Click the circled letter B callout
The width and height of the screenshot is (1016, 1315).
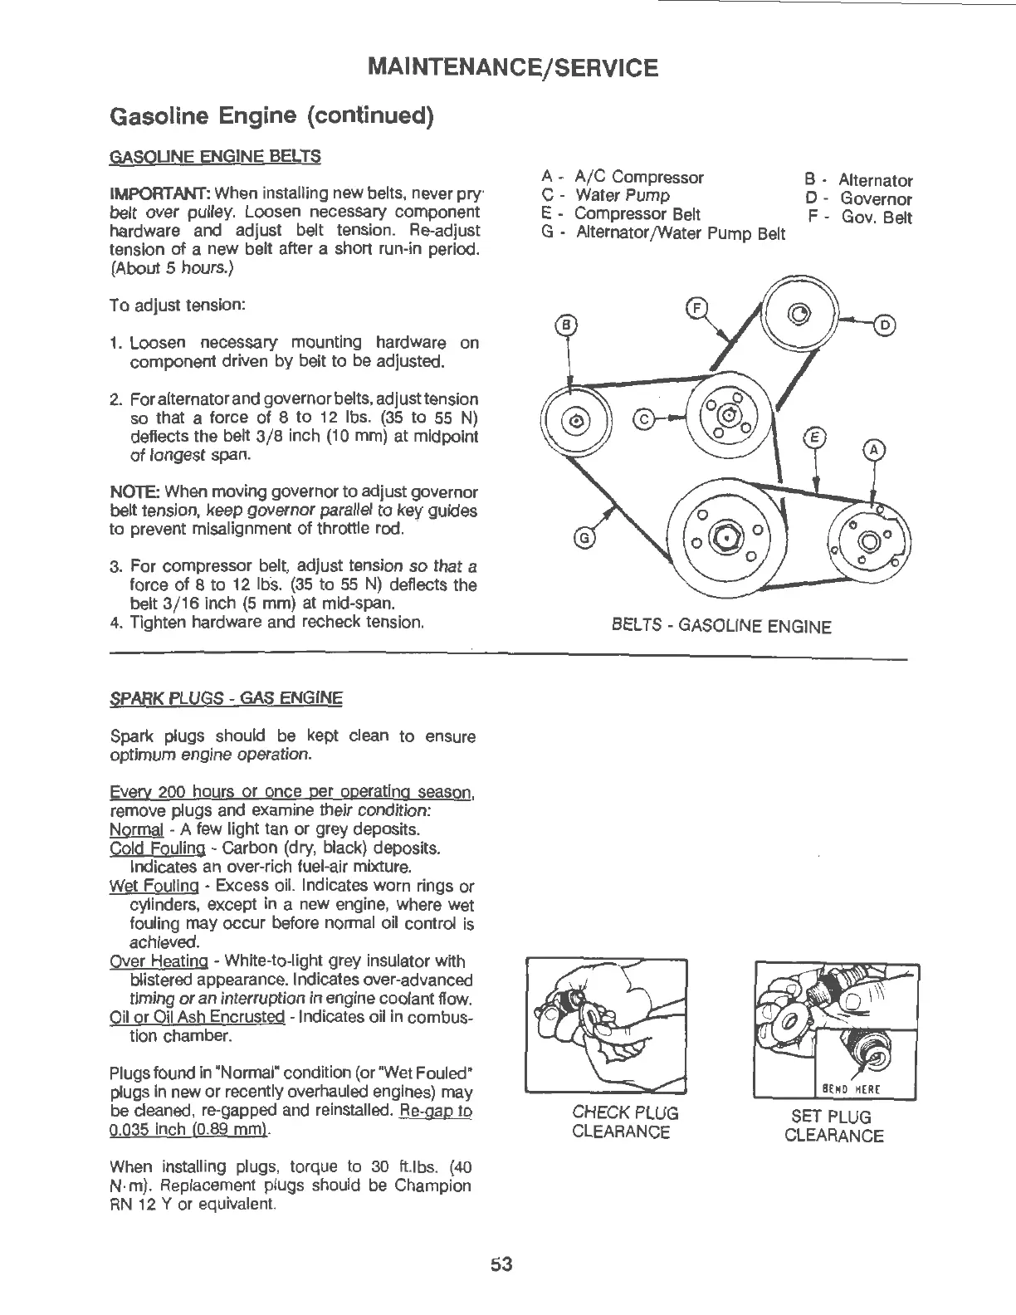tap(567, 324)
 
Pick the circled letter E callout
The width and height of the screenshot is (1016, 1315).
tap(816, 438)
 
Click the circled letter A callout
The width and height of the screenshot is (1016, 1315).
tap(874, 450)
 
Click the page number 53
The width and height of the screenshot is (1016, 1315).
tap(502, 1264)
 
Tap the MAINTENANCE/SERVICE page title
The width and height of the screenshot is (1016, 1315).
tap(514, 66)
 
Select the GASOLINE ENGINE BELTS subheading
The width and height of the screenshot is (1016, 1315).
tap(215, 156)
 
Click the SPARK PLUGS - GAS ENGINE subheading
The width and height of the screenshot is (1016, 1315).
tap(226, 697)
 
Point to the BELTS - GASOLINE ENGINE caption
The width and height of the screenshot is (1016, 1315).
tap(720, 626)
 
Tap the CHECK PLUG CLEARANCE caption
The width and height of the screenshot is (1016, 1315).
tap(625, 1122)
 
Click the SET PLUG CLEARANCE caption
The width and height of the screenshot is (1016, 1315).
tap(833, 1126)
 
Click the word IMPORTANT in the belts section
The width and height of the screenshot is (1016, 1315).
tap(149, 193)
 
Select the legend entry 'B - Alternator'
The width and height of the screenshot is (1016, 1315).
tap(857, 180)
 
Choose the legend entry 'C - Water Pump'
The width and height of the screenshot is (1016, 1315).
tap(605, 196)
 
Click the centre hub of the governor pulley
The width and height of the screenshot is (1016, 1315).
tap(799, 314)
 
